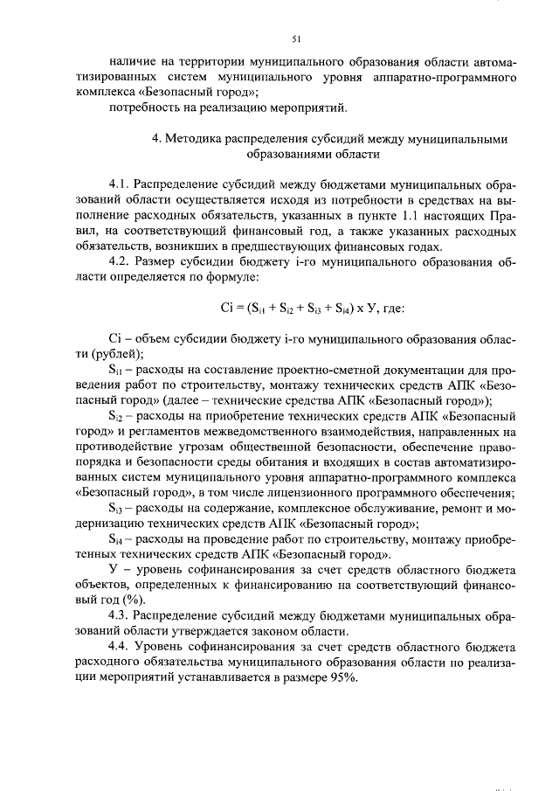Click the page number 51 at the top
point(295,38)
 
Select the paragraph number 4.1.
point(119,184)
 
